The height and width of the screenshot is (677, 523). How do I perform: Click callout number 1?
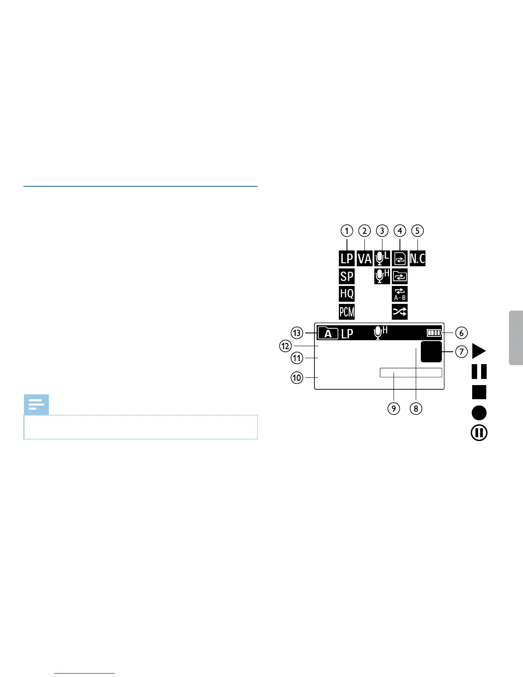tap(347, 231)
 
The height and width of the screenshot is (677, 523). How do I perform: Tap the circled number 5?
tap(417, 231)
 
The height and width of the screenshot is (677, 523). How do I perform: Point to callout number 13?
tap(297, 333)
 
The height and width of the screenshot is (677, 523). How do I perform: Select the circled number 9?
tap(394, 408)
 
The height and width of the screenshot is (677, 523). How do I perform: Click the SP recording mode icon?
tap(347, 276)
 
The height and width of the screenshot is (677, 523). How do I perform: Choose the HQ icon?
tap(347, 294)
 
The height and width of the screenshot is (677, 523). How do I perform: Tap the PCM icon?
tap(347, 312)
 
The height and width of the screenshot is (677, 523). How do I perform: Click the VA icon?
tap(364, 259)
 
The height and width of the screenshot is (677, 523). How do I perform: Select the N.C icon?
tap(417, 259)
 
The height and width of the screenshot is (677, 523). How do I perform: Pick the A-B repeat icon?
tap(400, 294)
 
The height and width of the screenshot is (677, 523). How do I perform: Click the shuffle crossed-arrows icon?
tap(400, 312)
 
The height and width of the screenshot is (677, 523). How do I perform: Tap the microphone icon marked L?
tap(382, 258)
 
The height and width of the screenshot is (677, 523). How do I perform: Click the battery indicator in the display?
tap(434, 333)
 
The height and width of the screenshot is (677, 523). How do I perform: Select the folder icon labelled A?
tap(328, 333)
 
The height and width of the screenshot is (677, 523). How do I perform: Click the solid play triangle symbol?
tap(479, 351)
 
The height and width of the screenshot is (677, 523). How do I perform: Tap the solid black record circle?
tap(479, 413)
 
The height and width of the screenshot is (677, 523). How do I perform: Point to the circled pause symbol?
tap(479, 433)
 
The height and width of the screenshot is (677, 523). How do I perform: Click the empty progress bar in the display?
tap(411, 373)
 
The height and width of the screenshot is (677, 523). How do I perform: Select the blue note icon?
tap(36, 404)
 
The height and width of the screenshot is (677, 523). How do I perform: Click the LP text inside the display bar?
tap(347, 333)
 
